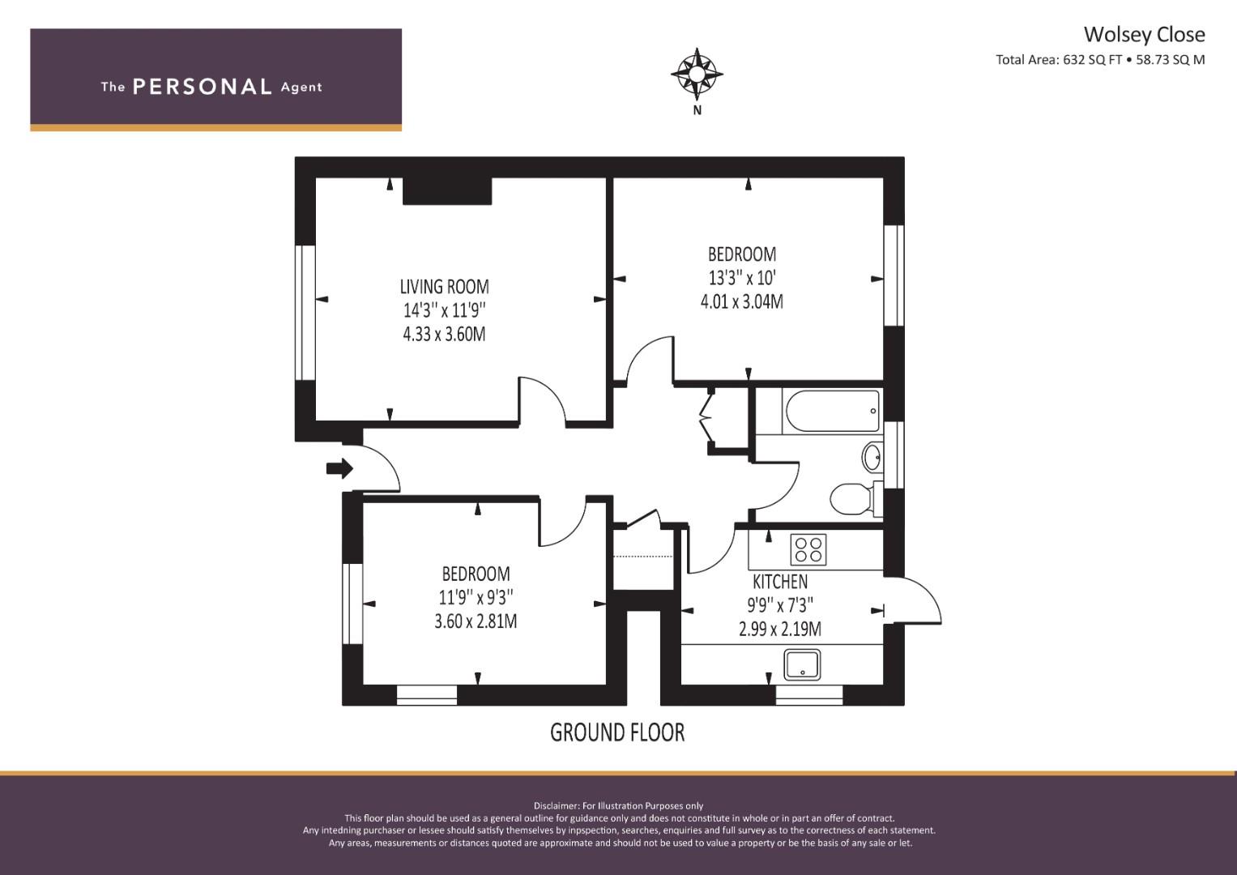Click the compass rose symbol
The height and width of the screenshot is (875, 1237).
click(697, 74)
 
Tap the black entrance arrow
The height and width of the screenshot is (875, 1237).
click(339, 468)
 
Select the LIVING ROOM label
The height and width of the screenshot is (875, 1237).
click(445, 287)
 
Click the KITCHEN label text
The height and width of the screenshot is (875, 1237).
click(780, 582)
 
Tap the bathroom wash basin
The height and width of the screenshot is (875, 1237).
click(872, 457)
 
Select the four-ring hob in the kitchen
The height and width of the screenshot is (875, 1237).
click(808, 549)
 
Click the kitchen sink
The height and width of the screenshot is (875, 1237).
click(802, 665)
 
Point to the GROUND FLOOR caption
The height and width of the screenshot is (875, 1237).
click(617, 732)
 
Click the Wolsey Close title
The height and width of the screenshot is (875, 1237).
click(1144, 34)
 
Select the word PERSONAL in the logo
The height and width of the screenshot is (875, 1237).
click(203, 87)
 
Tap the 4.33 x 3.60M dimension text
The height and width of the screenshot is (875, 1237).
click(445, 334)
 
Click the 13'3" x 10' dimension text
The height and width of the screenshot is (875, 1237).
click(742, 277)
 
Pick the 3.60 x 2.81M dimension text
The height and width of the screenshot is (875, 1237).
click(476, 621)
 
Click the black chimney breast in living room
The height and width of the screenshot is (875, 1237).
click(447, 192)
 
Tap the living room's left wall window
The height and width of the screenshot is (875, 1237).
click(305, 313)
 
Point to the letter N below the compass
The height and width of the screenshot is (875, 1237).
click(697, 110)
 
